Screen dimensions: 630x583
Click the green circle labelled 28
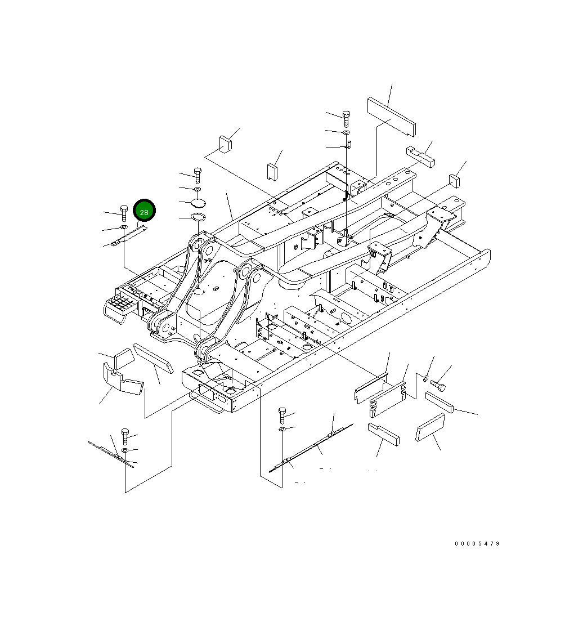pos(144,211)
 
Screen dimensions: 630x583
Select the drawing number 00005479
pos(477,544)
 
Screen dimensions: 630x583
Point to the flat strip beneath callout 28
pos(129,235)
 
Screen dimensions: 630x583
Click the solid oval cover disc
pos(198,203)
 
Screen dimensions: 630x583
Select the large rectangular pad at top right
pos(392,117)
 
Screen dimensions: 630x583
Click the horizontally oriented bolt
pos(438,386)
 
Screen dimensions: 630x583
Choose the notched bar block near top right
pos(420,157)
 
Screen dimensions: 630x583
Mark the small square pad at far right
pos(454,181)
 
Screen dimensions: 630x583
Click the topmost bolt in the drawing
pos(346,118)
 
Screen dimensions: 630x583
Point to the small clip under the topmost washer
pos(348,146)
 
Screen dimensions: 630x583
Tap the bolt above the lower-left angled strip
pos(125,436)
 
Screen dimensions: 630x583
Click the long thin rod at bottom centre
pos(311,448)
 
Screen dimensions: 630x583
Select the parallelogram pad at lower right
pos(430,428)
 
